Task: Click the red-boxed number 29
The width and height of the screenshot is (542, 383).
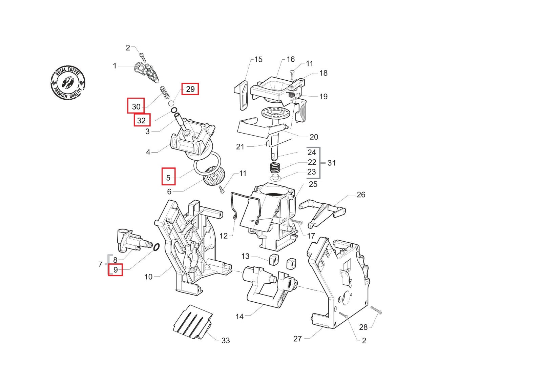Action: tap(190, 89)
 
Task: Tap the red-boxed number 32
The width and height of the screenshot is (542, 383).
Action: tap(142, 120)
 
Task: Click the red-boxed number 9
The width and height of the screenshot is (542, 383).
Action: tap(115, 270)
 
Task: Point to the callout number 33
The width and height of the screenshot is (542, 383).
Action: tap(225, 341)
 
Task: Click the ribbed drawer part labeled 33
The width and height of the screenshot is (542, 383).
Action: tap(192, 322)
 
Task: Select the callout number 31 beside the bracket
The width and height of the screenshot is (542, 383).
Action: tap(331, 163)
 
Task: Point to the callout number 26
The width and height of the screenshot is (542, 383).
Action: tap(361, 195)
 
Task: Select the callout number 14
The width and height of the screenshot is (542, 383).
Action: tap(239, 317)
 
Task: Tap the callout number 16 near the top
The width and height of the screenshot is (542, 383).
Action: tap(290, 59)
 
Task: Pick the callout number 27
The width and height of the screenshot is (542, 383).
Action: tap(297, 339)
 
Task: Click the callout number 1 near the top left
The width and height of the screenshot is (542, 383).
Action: tap(114, 66)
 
